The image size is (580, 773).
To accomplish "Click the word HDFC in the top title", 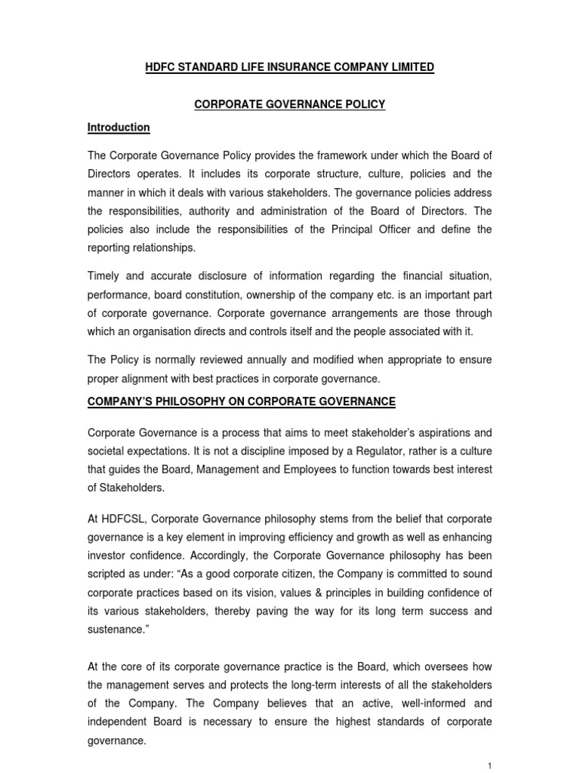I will pos(160,68).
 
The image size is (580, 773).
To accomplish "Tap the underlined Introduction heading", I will pos(119,128).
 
